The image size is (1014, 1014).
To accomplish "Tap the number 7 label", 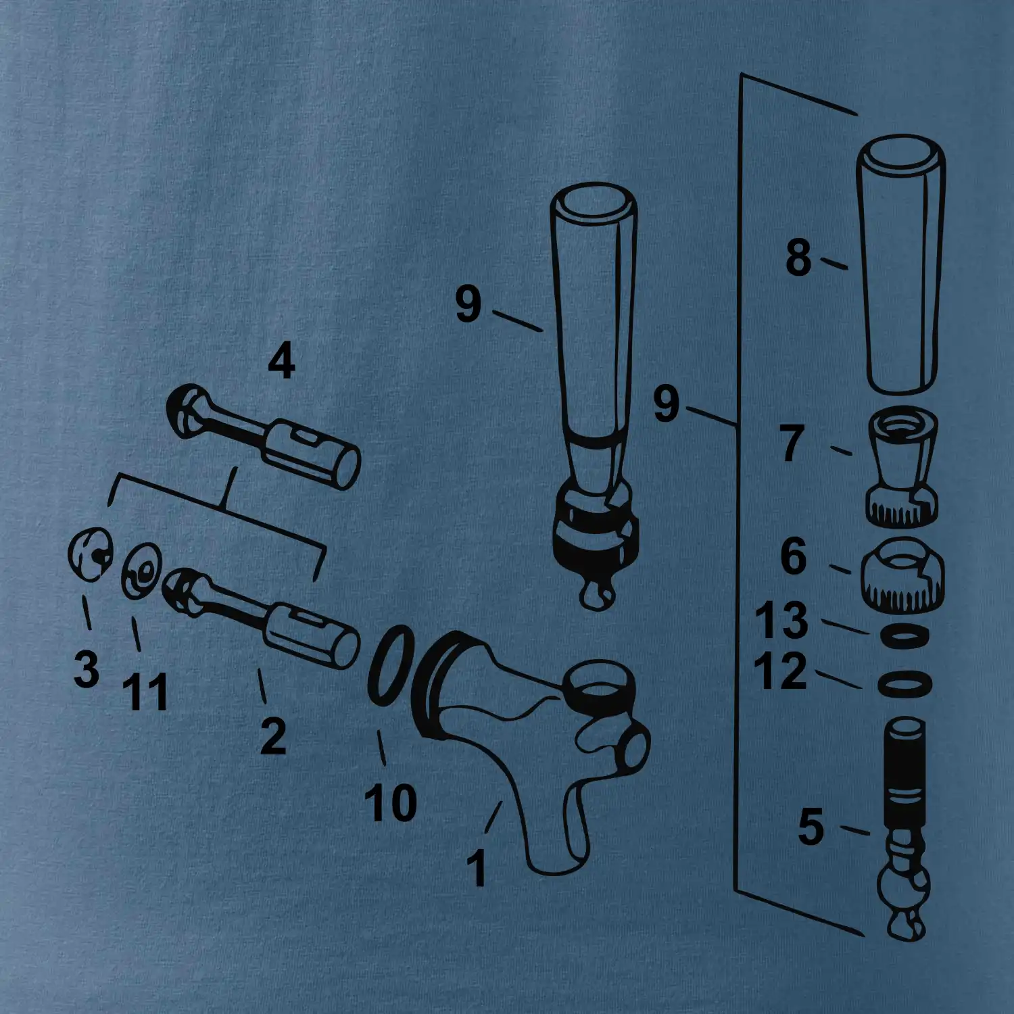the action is [x=792, y=443].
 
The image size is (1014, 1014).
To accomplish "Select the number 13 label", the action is [x=781, y=620].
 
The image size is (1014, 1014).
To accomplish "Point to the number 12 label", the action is [x=781, y=671].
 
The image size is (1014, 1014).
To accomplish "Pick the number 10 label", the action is [x=391, y=802].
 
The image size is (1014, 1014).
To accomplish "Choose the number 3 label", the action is [x=87, y=669].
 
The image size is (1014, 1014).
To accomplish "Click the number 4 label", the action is [x=281, y=361].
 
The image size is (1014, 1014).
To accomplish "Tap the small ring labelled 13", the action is [x=906, y=635].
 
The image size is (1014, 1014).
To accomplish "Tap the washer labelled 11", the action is [x=141, y=570].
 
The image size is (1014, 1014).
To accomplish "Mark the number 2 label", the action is [x=273, y=735].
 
